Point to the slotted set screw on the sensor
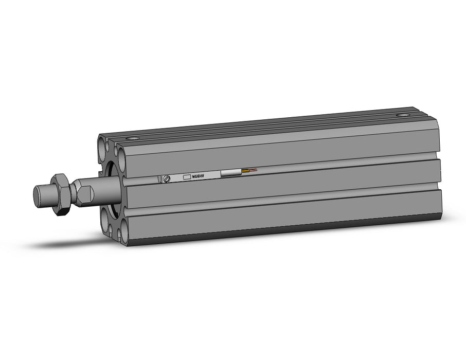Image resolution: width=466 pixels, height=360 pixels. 166,178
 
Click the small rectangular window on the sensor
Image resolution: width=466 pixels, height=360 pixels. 187,176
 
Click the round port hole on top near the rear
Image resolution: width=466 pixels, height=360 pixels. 402,115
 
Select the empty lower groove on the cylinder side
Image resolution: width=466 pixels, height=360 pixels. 283,204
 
